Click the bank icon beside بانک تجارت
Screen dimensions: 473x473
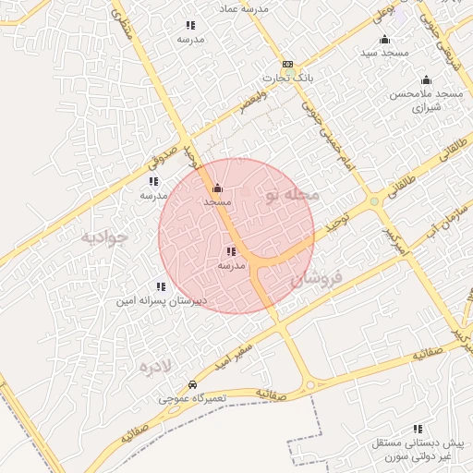(288, 65)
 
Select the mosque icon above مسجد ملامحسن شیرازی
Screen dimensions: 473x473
(426, 80)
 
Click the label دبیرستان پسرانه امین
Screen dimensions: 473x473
(162, 301)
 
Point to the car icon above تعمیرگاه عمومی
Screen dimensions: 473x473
(191, 384)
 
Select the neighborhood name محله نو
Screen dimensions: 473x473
(292, 195)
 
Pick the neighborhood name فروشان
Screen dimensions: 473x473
(317, 276)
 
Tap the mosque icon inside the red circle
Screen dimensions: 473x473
(217, 188)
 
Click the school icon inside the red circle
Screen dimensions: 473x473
(230, 251)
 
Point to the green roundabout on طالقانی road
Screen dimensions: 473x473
(373, 201)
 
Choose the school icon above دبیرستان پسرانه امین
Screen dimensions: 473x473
(162, 286)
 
